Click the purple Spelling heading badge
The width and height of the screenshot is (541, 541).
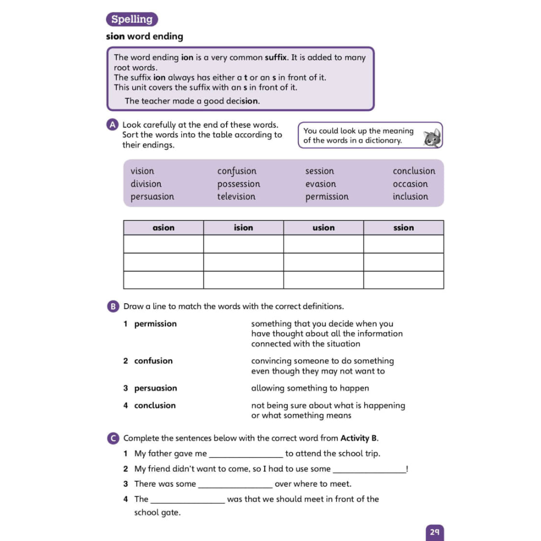(x=132, y=20)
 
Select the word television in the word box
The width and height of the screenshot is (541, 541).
(x=236, y=197)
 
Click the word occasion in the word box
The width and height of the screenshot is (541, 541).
(x=410, y=184)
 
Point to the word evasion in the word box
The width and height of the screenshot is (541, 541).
(x=320, y=184)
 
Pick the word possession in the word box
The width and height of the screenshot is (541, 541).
(x=238, y=184)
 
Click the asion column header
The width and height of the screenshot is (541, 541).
(x=163, y=228)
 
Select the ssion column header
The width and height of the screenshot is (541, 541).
(x=404, y=228)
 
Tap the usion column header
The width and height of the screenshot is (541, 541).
(x=323, y=228)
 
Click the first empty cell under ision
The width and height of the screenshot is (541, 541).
(x=243, y=244)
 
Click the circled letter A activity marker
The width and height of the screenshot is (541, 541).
(x=112, y=125)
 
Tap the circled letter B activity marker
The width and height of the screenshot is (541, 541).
(x=113, y=306)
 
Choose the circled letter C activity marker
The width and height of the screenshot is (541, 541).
(x=113, y=439)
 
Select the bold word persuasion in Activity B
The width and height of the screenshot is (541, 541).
(x=155, y=388)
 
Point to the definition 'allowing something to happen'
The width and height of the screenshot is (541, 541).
(x=310, y=388)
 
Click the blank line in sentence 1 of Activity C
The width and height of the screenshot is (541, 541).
(x=246, y=454)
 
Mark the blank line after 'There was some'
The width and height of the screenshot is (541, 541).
(x=235, y=485)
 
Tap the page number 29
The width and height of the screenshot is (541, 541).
(x=434, y=532)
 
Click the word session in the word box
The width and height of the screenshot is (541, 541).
(x=320, y=171)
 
